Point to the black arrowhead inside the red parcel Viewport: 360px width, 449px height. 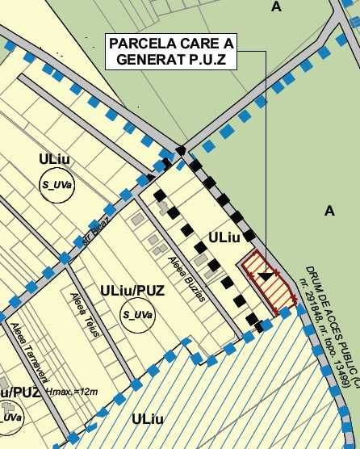[265, 275]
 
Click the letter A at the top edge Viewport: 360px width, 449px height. [277, 6]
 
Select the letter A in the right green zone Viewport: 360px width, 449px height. [329, 211]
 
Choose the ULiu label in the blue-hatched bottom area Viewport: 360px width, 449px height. [147, 419]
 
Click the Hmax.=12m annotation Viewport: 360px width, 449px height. [73, 392]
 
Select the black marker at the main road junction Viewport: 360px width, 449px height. [182, 149]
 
